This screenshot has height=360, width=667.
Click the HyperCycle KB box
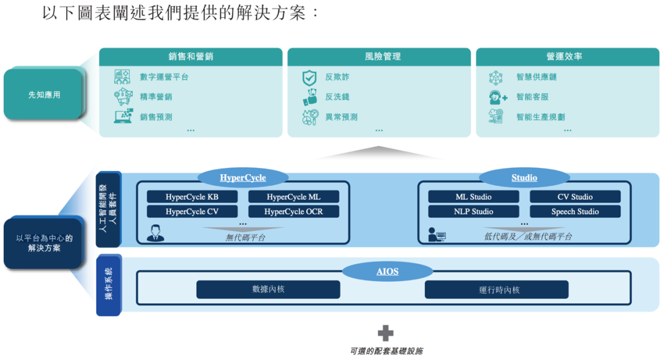tap(192, 197)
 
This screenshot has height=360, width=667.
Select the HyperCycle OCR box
tap(293, 211)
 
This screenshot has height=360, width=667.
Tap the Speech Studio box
tap(575, 211)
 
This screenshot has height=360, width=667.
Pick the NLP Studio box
tap(474, 211)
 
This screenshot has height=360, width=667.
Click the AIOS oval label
tap(387, 272)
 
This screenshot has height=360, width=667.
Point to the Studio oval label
tap(524, 178)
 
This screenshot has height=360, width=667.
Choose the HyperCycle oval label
tap(243, 178)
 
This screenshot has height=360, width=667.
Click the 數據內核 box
tap(268, 290)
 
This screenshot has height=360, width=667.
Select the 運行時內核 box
tap(497, 290)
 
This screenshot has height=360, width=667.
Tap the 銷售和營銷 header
tap(191, 57)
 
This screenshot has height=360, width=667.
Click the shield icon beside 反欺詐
tap(309, 78)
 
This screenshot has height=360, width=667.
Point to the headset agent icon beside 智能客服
tap(497, 98)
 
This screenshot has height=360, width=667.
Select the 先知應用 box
tap(44, 95)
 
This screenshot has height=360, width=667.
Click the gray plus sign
tap(386, 333)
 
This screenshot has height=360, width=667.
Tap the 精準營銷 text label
tap(156, 97)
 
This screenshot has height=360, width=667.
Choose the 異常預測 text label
tap(341, 117)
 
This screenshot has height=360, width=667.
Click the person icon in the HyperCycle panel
tap(156, 233)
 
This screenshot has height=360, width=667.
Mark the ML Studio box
tap(474, 197)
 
